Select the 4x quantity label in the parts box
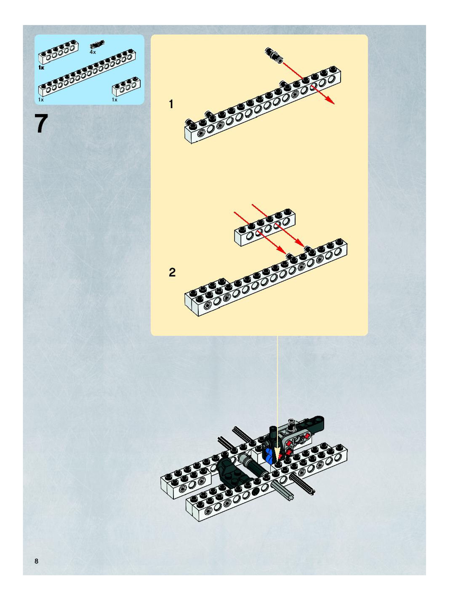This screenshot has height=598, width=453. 93,52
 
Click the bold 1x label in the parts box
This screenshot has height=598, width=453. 41,68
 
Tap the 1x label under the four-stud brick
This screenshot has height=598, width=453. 115,100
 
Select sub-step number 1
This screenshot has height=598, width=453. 171,104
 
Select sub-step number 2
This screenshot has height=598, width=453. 172,272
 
